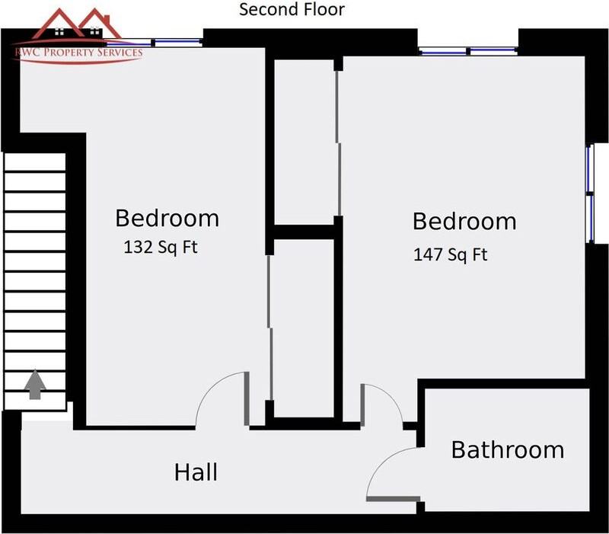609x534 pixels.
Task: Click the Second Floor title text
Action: pyautogui.click(x=292, y=10)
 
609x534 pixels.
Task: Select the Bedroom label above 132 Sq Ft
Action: pyautogui.click(x=167, y=218)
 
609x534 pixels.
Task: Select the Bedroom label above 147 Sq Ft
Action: pyautogui.click(x=464, y=222)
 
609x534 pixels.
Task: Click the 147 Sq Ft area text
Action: pyautogui.click(x=450, y=254)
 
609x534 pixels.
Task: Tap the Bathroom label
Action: pyautogui.click(x=508, y=449)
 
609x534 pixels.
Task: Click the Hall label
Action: pyautogui.click(x=196, y=472)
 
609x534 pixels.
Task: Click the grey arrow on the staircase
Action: pyautogui.click(x=34, y=385)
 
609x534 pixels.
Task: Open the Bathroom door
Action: pyautogui.click(x=393, y=474)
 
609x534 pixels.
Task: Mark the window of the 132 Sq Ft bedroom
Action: pyautogui.click(x=178, y=43)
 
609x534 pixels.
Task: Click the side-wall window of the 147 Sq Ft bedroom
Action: pyautogui.click(x=589, y=193)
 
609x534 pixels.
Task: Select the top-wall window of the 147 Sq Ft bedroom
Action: pyautogui.click(x=468, y=52)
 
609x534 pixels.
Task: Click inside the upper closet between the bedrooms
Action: pyautogui.click(x=304, y=141)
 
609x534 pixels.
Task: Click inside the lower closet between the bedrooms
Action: pyautogui.click(x=304, y=328)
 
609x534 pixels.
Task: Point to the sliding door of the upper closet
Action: pyautogui.click(x=337, y=141)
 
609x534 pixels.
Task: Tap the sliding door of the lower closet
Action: pyautogui.click(x=269, y=328)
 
